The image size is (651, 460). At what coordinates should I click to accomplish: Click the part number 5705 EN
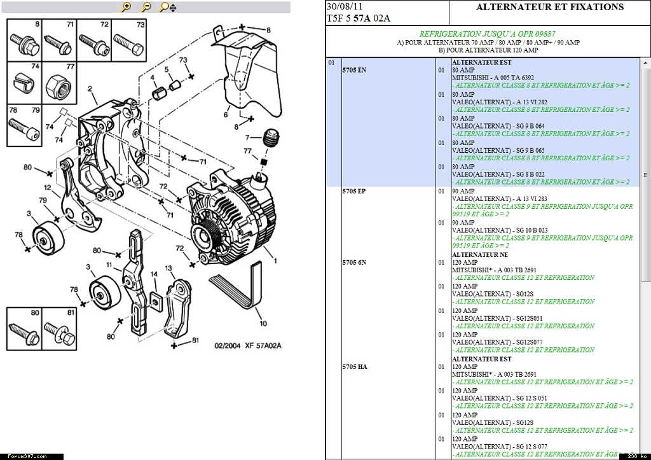coord(354,69)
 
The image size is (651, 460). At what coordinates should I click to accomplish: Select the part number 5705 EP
coord(353,191)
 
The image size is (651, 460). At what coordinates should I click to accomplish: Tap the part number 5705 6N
coord(354,262)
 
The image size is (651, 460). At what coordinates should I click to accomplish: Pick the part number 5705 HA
coord(354,367)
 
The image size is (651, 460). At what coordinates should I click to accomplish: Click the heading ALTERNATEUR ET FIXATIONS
coord(549,8)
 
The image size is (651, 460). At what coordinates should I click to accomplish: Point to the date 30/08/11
coord(340,6)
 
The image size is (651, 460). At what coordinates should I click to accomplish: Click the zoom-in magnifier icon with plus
coord(127,7)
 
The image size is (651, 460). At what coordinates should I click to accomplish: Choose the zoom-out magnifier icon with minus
coord(146,7)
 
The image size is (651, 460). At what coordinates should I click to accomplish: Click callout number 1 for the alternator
coord(276,260)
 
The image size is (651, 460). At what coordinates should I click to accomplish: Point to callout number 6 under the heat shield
coord(226,115)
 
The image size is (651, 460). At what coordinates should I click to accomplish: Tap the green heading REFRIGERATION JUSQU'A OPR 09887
coord(487,34)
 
